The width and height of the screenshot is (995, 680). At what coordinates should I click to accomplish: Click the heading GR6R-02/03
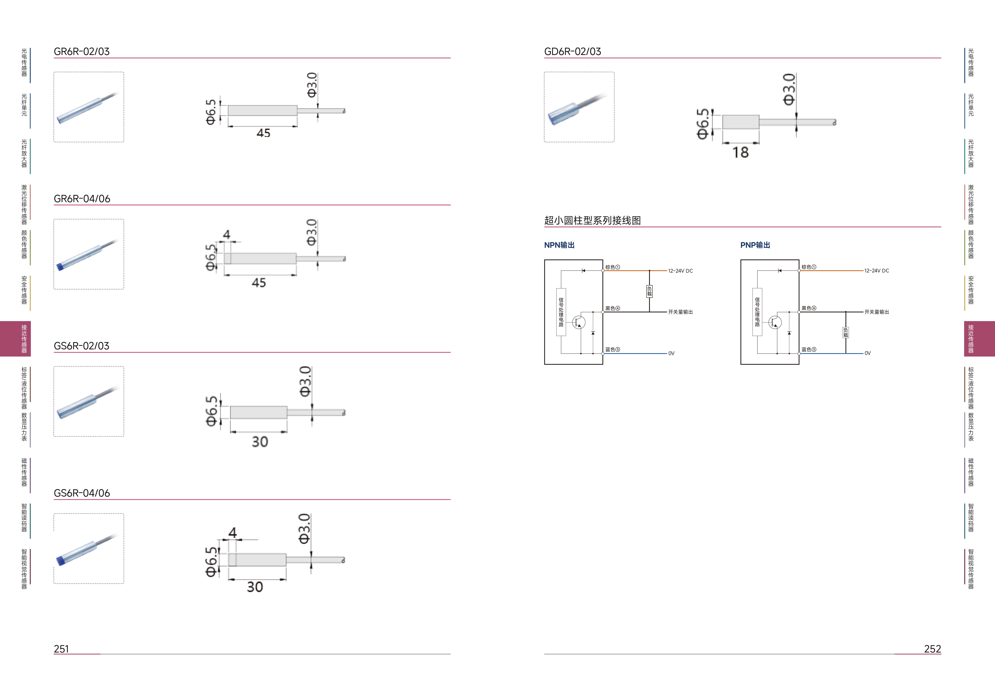pyautogui.click(x=81, y=51)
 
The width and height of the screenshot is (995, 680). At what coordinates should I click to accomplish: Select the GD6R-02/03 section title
pyautogui.click(x=572, y=51)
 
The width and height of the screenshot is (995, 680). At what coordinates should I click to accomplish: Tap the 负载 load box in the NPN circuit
pyautogui.click(x=649, y=291)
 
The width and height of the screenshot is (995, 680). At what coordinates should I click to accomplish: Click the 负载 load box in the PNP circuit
pyautogui.click(x=845, y=332)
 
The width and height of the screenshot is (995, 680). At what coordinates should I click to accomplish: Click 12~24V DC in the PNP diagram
pyautogui.click(x=876, y=271)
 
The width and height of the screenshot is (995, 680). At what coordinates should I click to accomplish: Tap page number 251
pyautogui.click(x=61, y=649)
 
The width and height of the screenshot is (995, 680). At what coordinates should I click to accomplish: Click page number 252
pyautogui.click(x=933, y=649)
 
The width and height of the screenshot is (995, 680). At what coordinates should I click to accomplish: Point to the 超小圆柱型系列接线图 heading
pyautogui.click(x=592, y=221)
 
